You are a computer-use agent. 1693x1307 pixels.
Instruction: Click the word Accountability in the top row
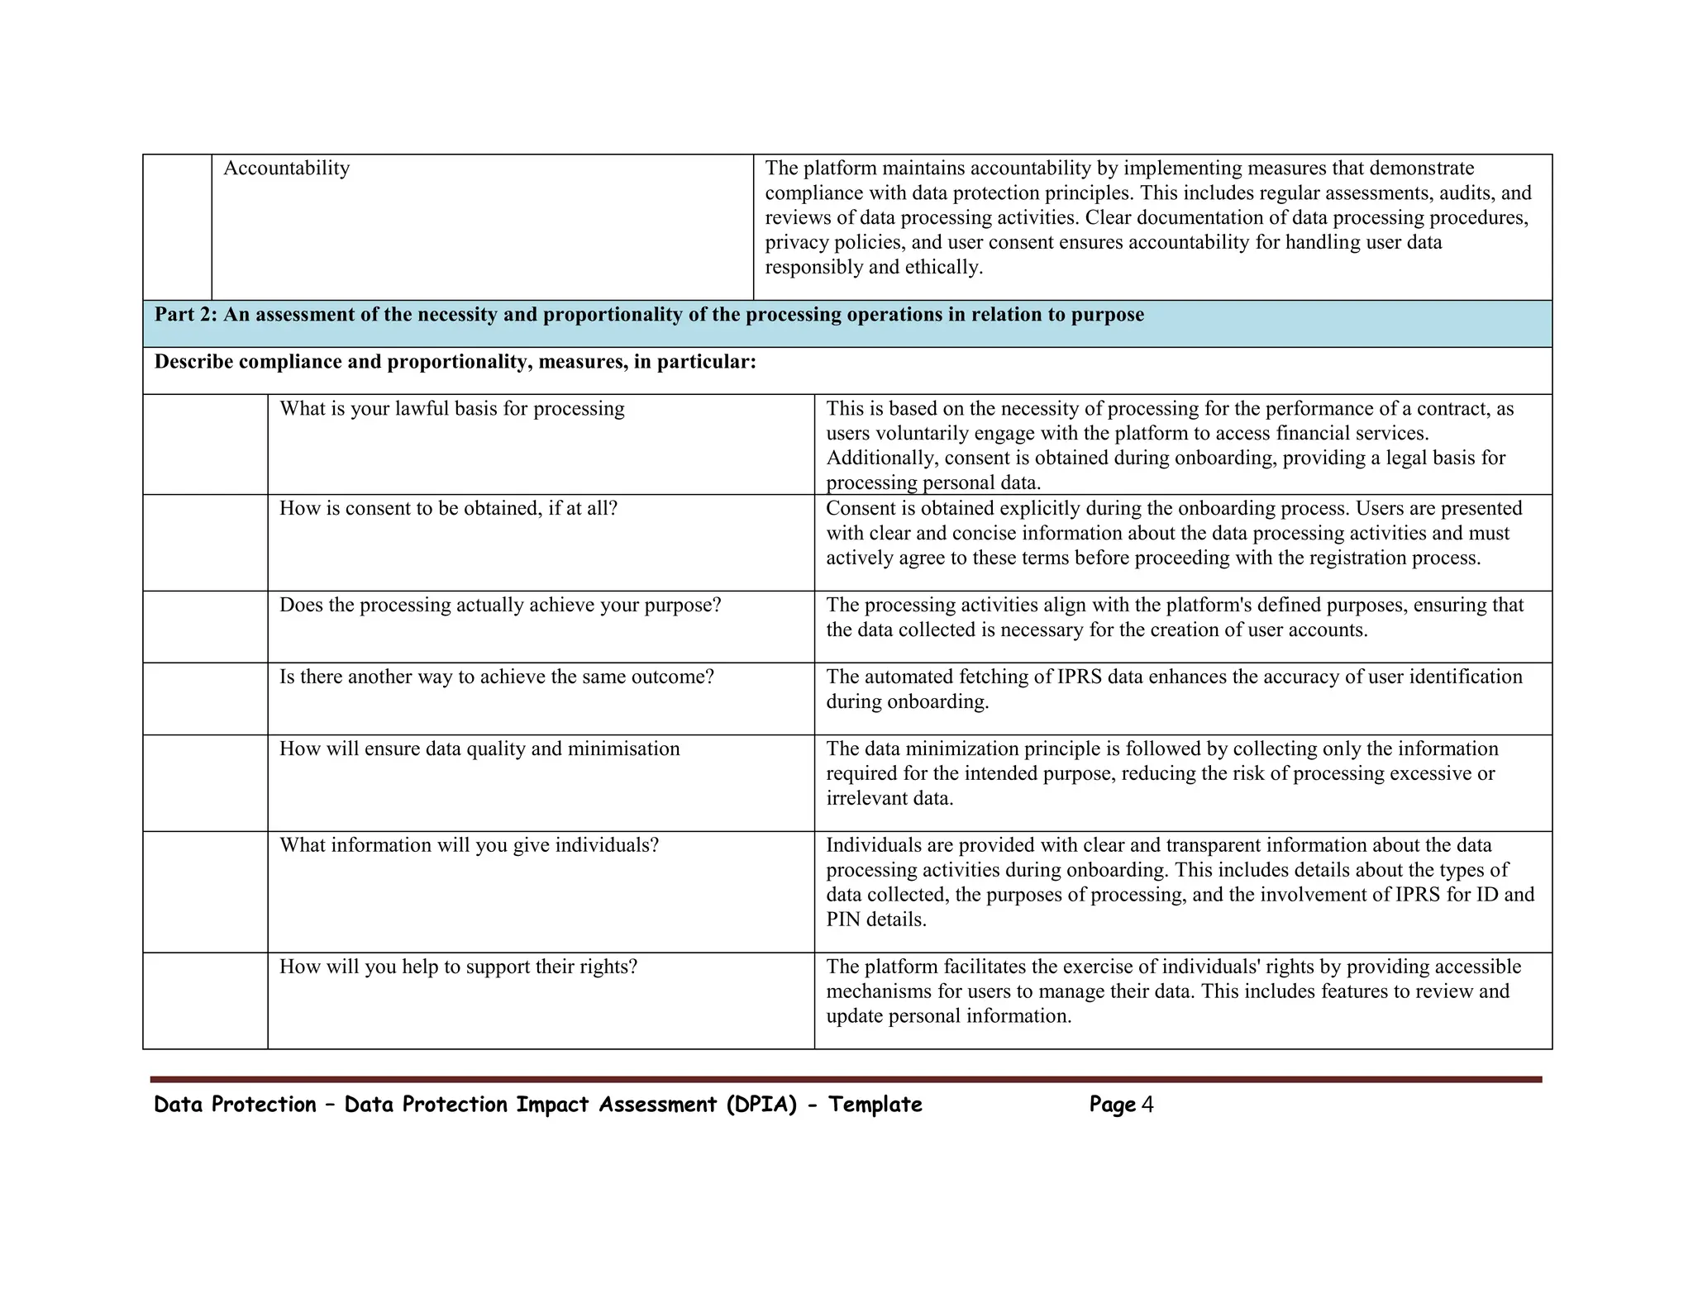[x=286, y=169]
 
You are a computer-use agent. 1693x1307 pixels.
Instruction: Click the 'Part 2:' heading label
[x=186, y=315]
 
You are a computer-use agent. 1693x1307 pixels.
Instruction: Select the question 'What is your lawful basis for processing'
[x=451, y=409]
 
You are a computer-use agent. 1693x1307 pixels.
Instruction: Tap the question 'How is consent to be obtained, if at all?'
[x=448, y=508]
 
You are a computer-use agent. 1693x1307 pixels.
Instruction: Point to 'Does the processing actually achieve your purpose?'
[x=499, y=606]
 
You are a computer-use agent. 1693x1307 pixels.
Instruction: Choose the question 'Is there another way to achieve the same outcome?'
[x=496, y=677]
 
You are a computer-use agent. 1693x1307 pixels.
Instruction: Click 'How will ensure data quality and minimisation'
[x=479, y=749]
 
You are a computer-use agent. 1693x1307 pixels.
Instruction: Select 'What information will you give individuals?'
[x=469, y=845]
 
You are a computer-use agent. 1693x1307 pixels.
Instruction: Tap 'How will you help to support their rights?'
[x=458, y=967]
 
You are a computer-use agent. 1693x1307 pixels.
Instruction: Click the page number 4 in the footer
[x=1147, y=1105]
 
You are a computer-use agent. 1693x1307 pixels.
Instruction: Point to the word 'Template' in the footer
[x=875, y=1105]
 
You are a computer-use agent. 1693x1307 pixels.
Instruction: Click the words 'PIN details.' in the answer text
[x=876, y=920]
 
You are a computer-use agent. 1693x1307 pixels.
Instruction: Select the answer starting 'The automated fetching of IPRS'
[x=1174, y=689]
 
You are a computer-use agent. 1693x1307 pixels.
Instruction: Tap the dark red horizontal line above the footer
[x=846, y=1079]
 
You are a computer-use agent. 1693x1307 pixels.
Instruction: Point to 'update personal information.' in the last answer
[x=948, y=1016]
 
